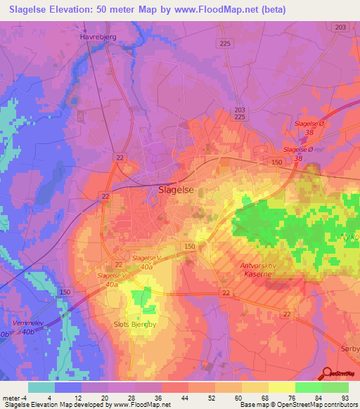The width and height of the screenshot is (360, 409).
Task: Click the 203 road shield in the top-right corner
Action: tap(341, 27)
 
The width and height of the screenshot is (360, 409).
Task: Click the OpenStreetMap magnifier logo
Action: tap(328, 373)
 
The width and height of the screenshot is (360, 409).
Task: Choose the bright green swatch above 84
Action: tap(308, 387)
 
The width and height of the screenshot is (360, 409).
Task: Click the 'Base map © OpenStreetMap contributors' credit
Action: tap(297, 405)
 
